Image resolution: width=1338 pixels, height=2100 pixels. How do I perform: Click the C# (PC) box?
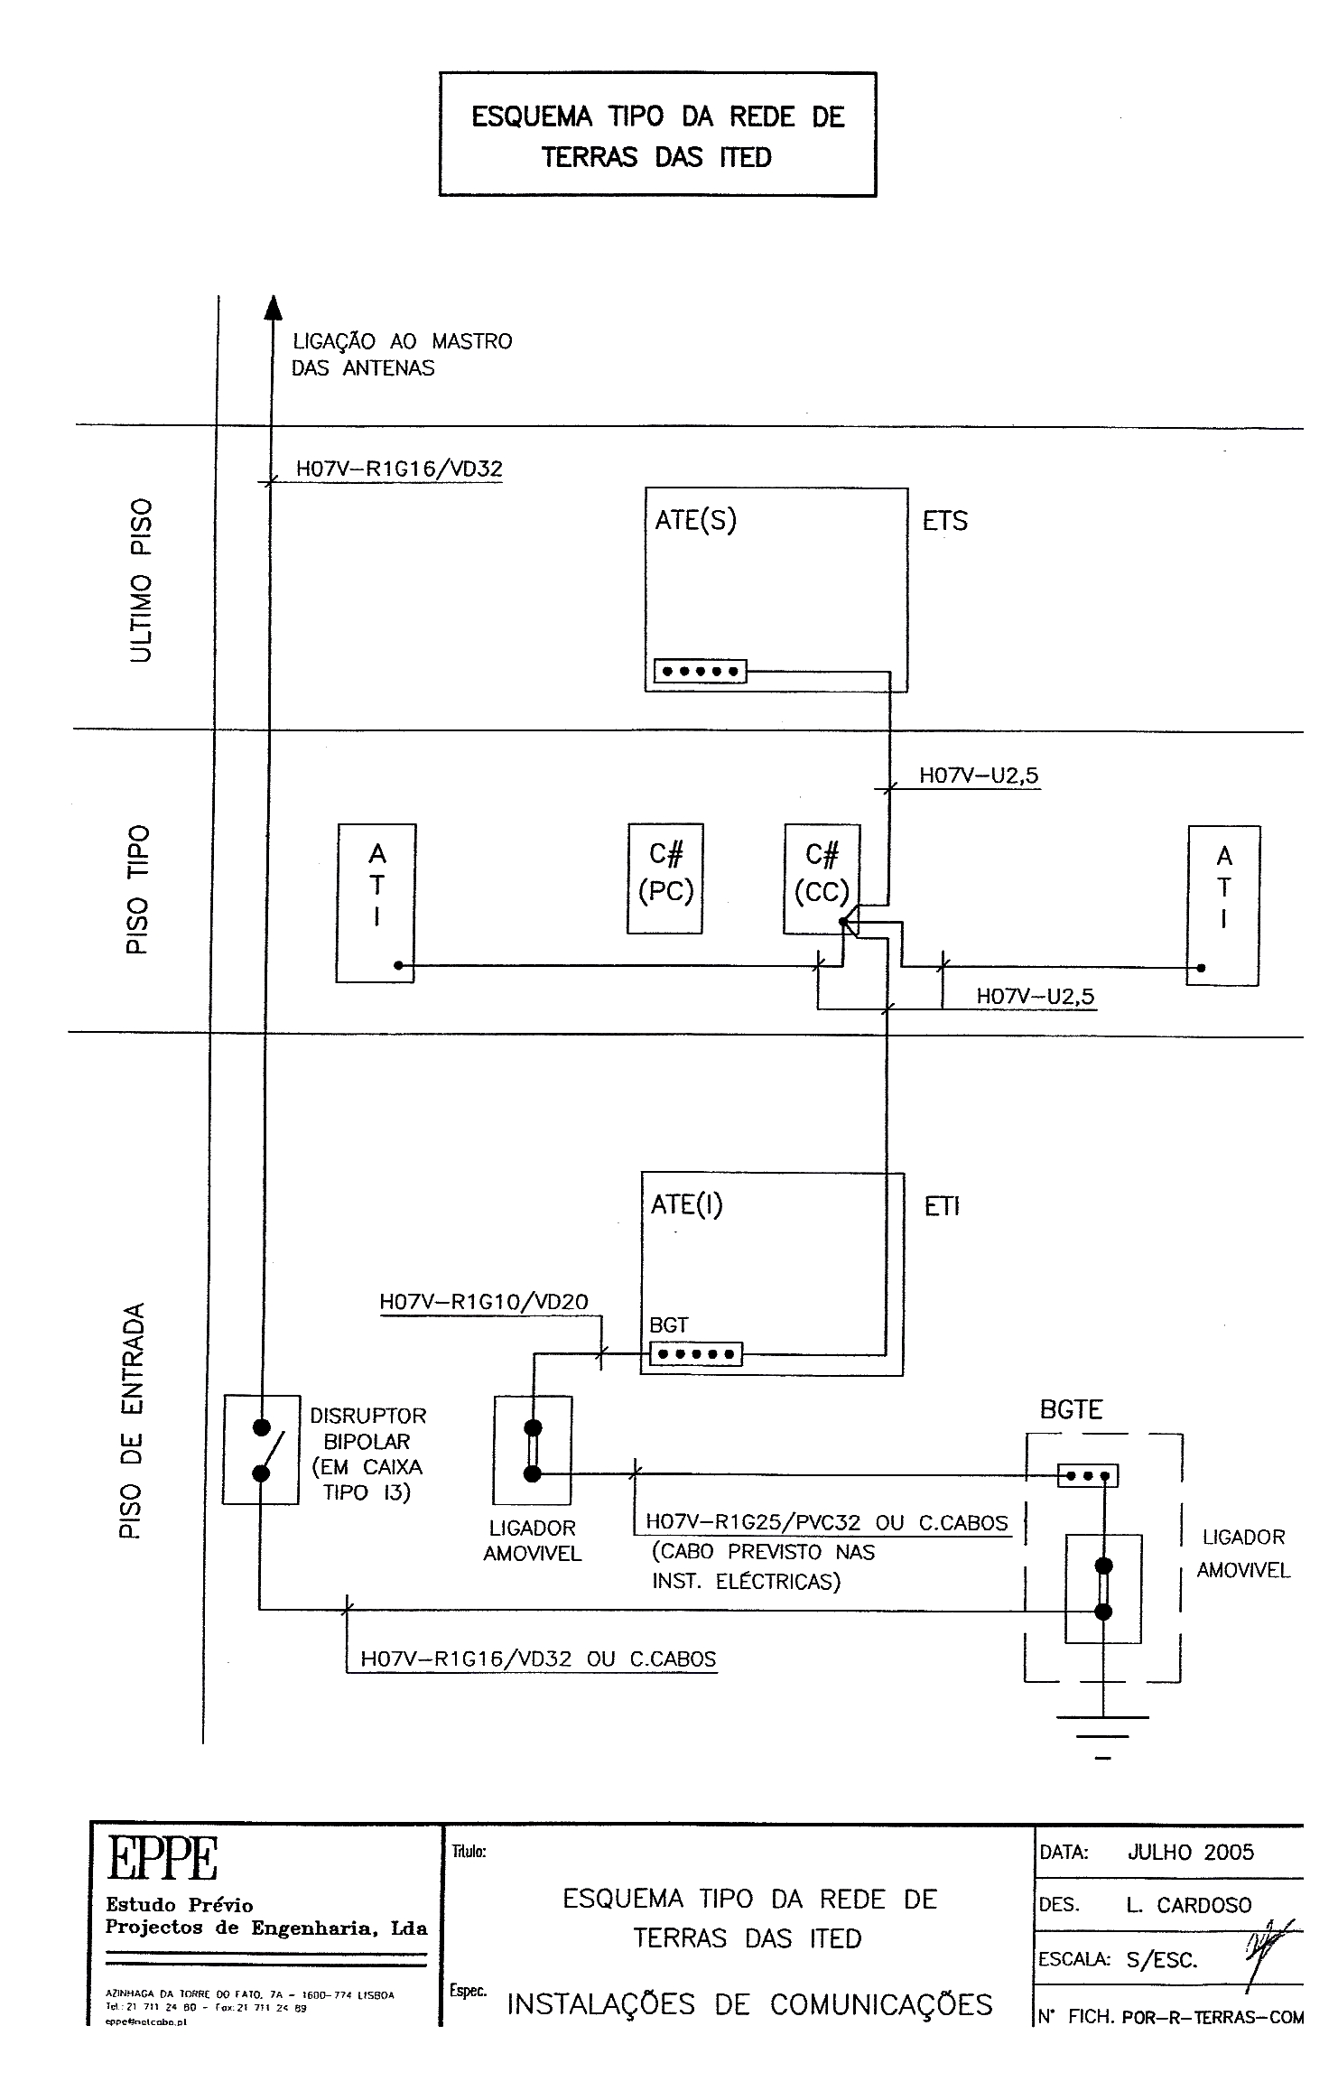664,878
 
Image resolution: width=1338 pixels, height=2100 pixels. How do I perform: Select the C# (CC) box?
821,878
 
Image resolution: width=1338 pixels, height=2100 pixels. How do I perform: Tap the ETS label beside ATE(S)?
944,521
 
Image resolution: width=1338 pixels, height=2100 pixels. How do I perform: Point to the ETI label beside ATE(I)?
941,1206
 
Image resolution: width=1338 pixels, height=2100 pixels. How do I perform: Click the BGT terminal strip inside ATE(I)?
695,1354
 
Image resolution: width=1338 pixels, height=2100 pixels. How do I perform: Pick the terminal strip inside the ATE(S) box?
700,672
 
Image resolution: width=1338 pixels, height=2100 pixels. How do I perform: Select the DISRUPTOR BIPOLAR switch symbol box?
261,1449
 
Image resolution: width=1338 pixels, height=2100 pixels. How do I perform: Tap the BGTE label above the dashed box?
1071,1409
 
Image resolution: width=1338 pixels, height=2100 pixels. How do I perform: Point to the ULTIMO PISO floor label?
141,579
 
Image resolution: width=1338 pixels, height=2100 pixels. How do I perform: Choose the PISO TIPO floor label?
136,888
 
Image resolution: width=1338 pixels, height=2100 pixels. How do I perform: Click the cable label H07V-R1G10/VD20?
484,1301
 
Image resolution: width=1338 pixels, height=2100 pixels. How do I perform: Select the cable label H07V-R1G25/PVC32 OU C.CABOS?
826,1522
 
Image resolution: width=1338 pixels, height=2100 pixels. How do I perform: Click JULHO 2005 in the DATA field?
1190,1853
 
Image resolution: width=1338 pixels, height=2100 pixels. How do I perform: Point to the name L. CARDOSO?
1188,1905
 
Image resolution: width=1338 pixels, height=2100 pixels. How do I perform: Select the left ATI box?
376,903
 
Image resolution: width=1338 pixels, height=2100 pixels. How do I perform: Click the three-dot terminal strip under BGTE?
1088,1476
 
